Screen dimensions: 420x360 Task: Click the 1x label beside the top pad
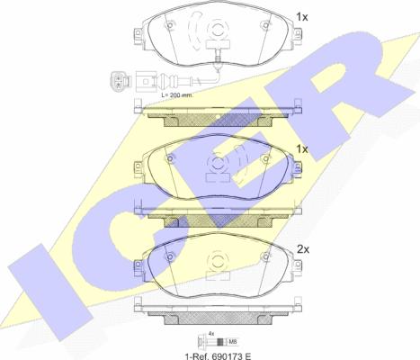(302, 17)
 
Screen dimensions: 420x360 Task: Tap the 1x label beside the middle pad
(302, 149)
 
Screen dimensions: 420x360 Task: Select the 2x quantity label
(303, 249)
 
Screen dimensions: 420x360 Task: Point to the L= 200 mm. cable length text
(177, 95)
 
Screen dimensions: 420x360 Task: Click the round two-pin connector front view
(121, 81)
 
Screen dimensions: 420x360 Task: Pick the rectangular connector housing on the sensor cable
(147, 81)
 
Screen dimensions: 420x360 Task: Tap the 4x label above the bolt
(211, 333)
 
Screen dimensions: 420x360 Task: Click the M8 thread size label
(232, 341)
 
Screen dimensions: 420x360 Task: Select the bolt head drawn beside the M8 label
(201, 341)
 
